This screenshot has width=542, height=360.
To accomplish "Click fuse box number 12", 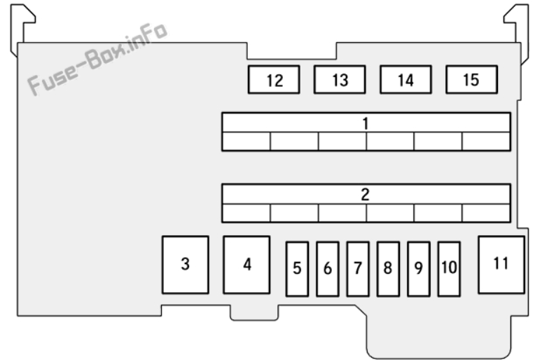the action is click(274, 80).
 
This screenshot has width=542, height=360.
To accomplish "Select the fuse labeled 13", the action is click(340, 80).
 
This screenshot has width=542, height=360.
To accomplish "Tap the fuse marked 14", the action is click(406, 80).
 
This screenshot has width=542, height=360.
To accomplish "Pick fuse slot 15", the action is click(472, 80).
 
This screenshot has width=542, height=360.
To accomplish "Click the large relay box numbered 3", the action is click(186, 265).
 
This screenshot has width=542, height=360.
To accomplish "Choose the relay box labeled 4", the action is click(246, 265).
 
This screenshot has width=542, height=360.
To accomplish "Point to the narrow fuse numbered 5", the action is click(298, 269).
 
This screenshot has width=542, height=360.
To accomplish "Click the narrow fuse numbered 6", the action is click(327, 269).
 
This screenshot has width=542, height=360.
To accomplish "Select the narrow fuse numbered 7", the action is click(358, 269).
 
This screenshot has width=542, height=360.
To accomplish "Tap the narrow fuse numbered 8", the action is click(388, 269).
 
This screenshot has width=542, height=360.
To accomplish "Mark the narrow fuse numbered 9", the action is click(419, 269).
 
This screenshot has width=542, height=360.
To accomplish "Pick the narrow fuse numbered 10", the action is click(449, 269).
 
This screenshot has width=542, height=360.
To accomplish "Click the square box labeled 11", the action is click(501, 265).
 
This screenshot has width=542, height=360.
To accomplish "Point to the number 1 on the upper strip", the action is click(366, 124).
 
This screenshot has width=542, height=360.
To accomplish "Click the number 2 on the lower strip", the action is click(366, 195).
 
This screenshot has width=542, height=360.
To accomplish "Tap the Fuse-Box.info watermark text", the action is click(97, 59).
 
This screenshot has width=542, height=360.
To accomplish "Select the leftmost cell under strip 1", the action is click(246, 141).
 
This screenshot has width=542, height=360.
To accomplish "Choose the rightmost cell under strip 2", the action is click(486, 213).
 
